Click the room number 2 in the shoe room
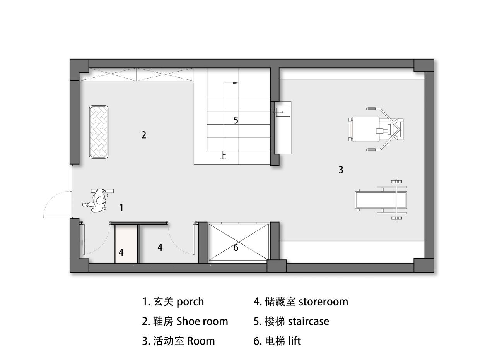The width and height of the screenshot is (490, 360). point(143,135)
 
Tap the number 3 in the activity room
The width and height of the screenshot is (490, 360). point(341,170)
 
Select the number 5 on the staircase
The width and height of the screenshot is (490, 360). point(236,120)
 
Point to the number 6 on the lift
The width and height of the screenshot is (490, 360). point(236,248)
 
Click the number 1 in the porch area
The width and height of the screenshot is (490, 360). point(121,207)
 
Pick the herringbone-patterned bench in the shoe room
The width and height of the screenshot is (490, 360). point(99,132)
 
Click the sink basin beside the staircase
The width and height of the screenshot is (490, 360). point(282,112)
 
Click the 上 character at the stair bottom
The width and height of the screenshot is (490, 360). point(223,156)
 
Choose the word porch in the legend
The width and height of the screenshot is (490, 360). point(190,302)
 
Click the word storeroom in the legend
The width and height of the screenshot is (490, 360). point(323,302)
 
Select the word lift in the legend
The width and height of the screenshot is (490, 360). point(294,341)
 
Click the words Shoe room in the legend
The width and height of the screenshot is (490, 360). point(202,321)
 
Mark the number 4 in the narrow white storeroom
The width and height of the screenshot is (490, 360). point(121,253)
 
